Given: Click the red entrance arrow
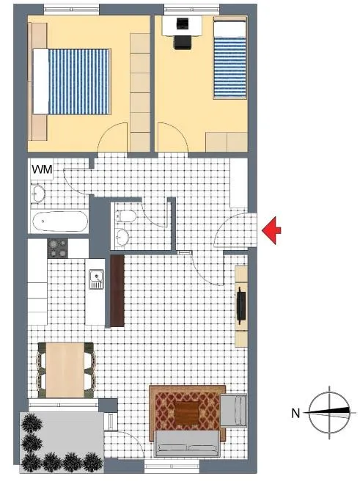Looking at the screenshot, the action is [x=272, y=230].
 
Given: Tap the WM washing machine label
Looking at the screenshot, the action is [x=42, y=169].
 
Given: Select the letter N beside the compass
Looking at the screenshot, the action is [x=295, y=413].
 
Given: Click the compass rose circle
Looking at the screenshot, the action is [x=329, y=413].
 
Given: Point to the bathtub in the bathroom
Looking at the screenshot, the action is [x=60, y=221].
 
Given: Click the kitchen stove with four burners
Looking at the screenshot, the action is [x=58, y=249].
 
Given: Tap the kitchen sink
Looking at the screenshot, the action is [x=96, y=279].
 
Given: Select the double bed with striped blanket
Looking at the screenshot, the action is [x=72, y=81].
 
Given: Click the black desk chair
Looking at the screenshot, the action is [x=183, y=42].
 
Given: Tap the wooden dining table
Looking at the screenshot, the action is [x=65, y=370].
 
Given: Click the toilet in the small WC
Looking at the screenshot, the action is [x=125, y=216].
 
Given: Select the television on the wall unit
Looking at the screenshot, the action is [x=241, y=305].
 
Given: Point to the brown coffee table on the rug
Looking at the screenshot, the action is [x=187, y=413].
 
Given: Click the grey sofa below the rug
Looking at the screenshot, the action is [x=187, y=444].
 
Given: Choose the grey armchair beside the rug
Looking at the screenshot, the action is [x=234, y=410].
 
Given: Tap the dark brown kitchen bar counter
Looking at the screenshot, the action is [x=117, y=290].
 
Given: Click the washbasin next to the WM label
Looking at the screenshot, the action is [x=38, y=194].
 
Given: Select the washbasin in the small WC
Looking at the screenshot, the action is [x=122, y=238].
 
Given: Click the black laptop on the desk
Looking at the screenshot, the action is [x=182, y=23].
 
